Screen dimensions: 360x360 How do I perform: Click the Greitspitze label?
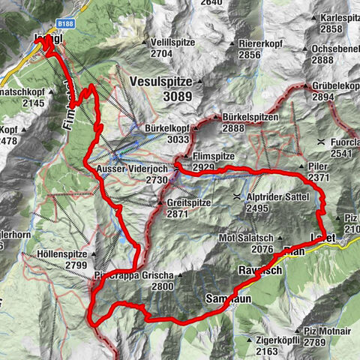[x=187, y=203]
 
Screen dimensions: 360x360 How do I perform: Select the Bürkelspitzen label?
[x=250, y=118]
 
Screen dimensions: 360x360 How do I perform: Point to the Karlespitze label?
[x=338, y=17]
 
